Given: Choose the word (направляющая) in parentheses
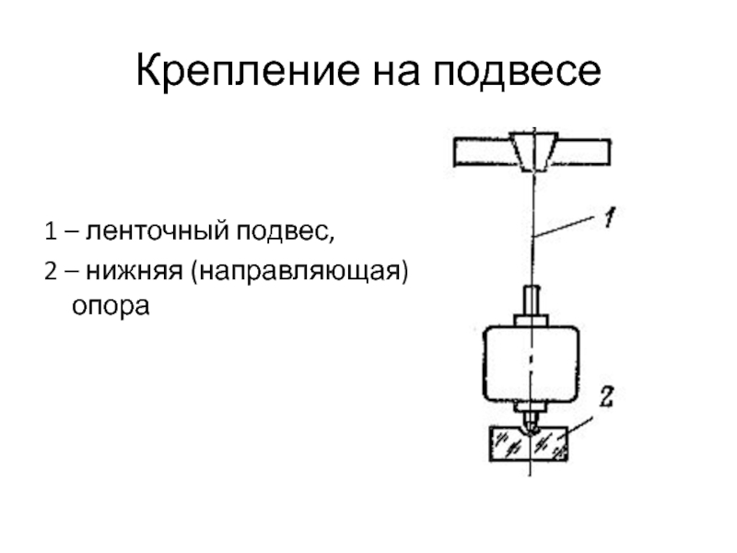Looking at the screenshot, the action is pos(298,273).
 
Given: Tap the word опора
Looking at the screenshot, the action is pos(111,304).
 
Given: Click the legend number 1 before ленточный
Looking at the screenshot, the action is pos(48,229).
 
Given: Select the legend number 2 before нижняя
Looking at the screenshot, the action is pos(48,273).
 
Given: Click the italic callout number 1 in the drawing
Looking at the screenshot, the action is pos(610,218).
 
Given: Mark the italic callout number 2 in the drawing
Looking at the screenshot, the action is pos(608,398).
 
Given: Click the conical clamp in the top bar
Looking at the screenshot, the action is pos(531,152).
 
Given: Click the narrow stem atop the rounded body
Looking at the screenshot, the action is pos(532,300).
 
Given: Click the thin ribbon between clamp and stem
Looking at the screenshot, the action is pos(532,230).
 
